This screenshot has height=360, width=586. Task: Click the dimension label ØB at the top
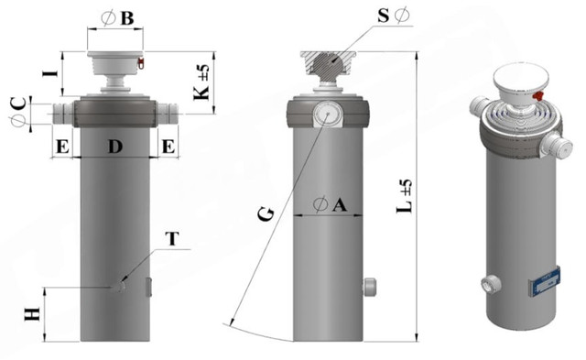117,18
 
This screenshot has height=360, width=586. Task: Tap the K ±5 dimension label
201,82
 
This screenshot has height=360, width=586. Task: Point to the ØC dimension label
18,112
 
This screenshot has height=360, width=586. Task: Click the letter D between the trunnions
115,147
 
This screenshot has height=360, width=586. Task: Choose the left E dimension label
62,147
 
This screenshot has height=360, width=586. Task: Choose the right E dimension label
168,147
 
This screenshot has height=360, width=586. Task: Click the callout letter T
172,239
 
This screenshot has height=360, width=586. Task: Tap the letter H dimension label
32,314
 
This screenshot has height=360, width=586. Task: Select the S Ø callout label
394,16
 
